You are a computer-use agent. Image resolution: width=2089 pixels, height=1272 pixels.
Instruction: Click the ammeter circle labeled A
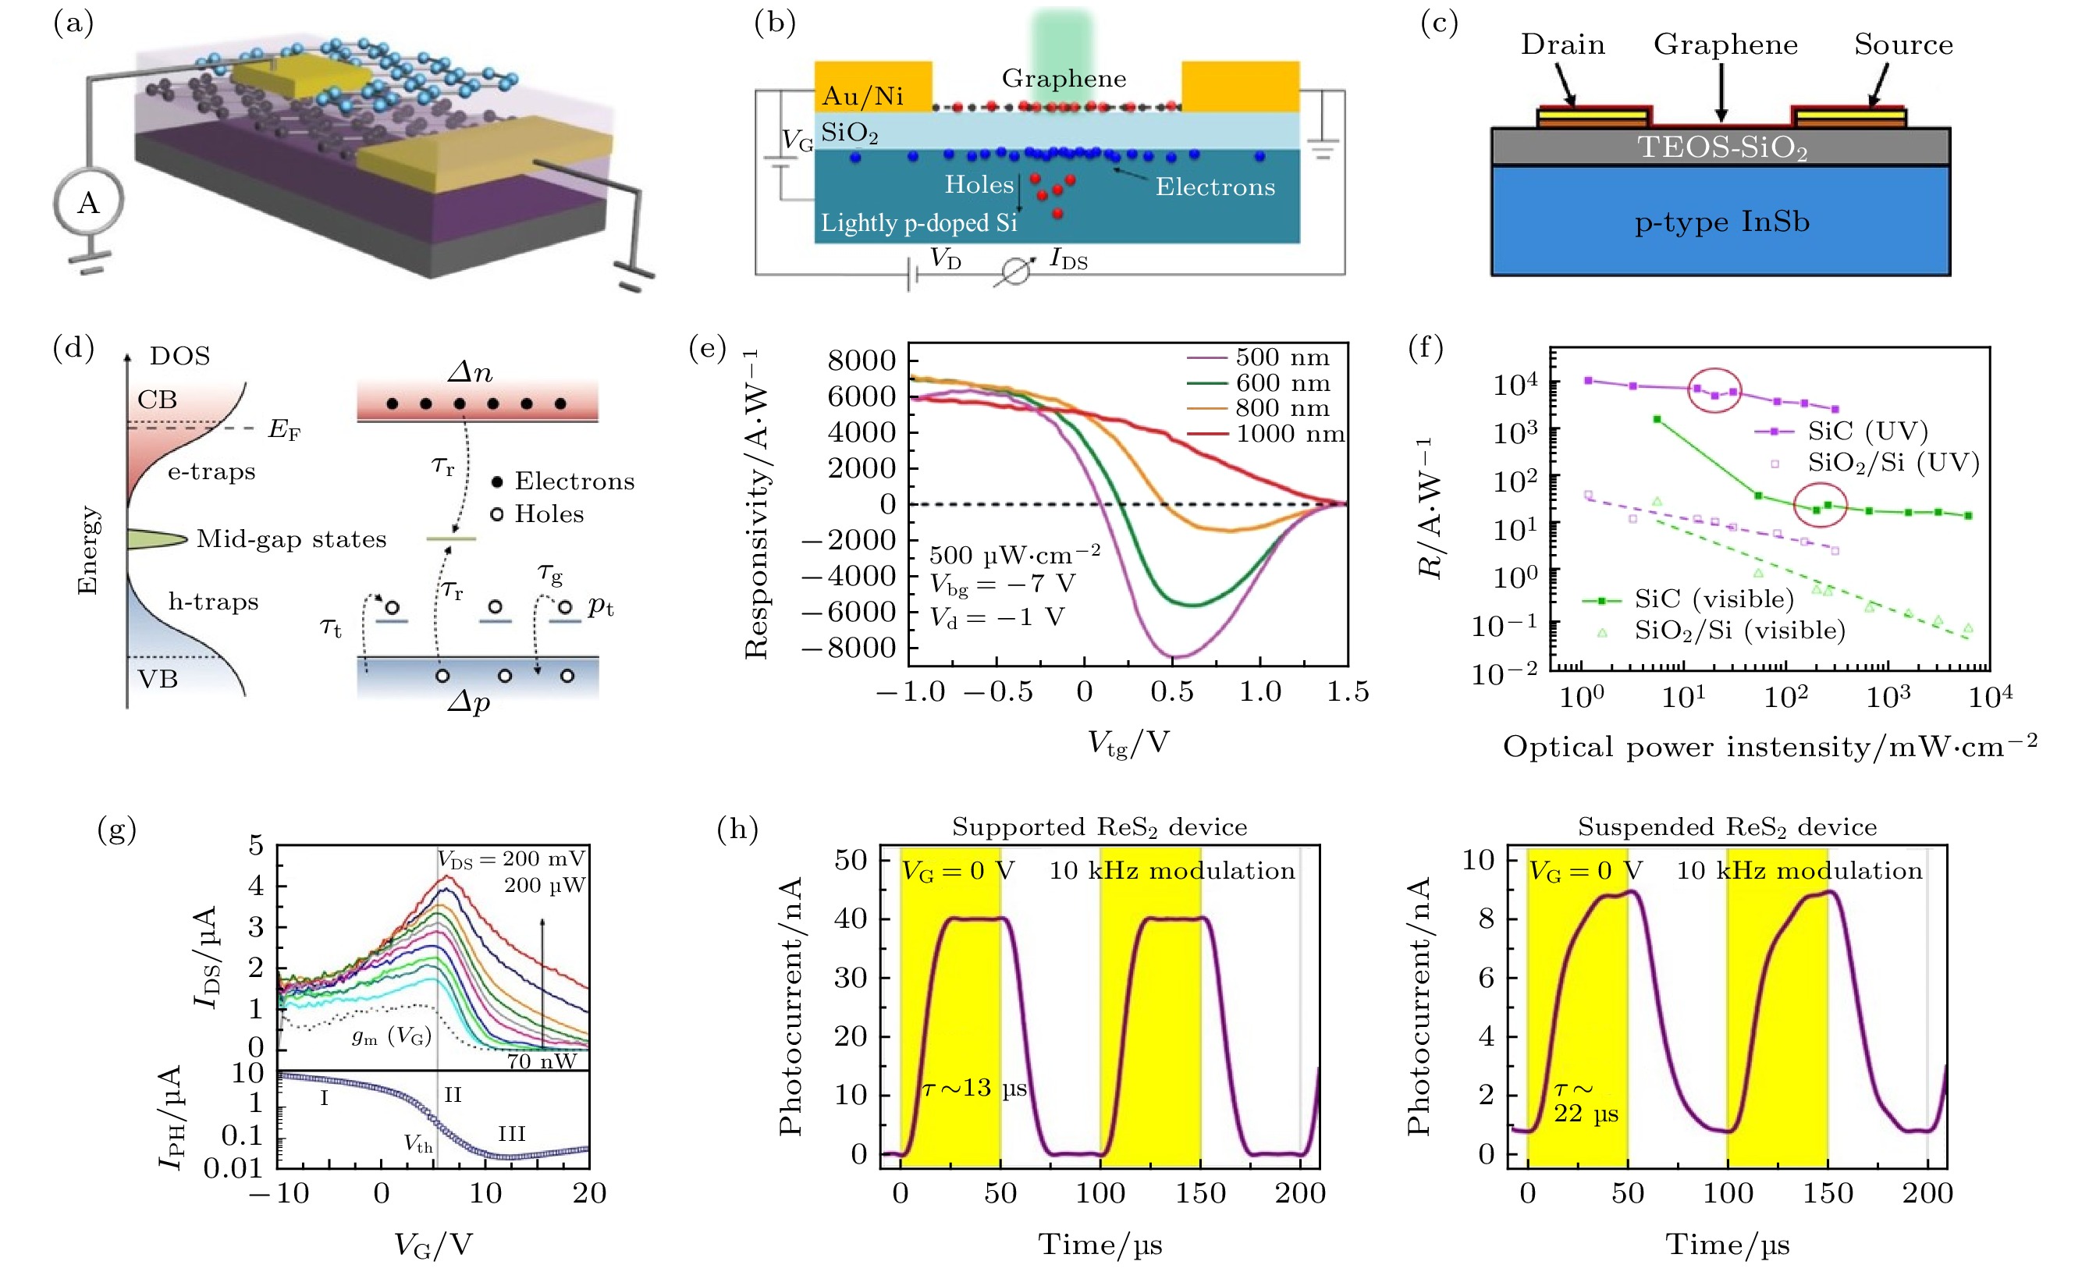click(x=88, y=203)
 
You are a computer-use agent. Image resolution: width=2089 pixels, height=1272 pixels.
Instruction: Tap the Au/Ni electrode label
click(x=862, y=96)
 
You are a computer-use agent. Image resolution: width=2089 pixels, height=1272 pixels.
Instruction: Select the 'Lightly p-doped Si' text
click(x=918, y=222)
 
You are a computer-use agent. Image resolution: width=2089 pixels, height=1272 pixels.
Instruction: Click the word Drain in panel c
click(x=1561, y=45)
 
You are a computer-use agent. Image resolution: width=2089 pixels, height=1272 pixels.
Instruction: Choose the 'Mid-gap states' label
click(x=291, y=539)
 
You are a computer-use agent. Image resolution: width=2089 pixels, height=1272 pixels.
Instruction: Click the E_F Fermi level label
click(x=284, y=430)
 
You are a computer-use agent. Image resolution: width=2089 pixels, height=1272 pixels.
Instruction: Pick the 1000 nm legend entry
click(x=1288, y=434)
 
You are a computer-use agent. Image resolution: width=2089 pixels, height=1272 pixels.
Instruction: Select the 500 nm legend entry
click(x=1281, y=358)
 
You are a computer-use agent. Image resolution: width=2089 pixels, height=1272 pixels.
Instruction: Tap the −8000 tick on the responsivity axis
click(x=850, y=648)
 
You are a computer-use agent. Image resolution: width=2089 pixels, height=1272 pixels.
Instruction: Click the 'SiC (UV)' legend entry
click(x=1867, y=431)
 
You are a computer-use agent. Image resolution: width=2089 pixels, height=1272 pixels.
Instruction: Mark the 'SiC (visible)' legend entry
click(x=1714, y=599)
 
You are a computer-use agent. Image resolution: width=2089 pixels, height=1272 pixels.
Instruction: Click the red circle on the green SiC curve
click(x=1821, y=506)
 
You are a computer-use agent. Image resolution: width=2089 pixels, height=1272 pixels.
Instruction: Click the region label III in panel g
click(x=511, y=1134)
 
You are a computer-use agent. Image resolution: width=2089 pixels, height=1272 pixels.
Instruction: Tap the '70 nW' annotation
click(x=541, y=1061)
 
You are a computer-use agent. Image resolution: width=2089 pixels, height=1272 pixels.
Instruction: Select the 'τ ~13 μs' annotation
click(x=974, y=1088)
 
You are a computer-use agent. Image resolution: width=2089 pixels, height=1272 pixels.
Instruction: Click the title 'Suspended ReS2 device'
click(x=1726, y=827)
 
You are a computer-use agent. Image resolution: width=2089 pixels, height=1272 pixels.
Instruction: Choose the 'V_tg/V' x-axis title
click(x=1128, y=744)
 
